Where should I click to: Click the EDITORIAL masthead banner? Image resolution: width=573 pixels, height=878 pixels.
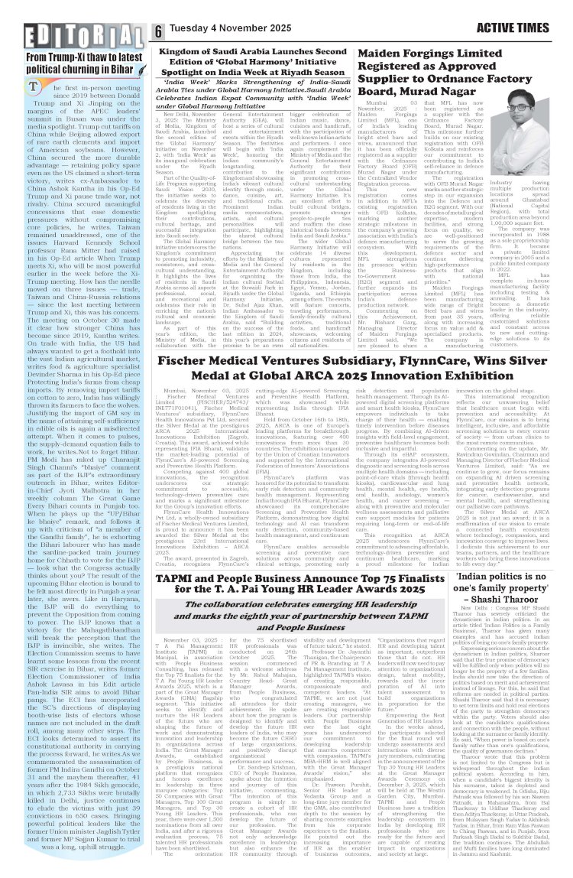pos(74,34)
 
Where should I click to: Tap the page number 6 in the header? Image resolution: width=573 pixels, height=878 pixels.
pos(158,31)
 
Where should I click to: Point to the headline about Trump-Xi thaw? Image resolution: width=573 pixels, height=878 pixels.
pos(74,63)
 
